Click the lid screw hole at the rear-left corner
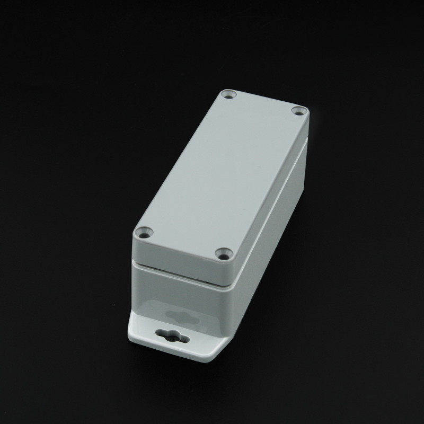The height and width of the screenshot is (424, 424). (x=229, y=96)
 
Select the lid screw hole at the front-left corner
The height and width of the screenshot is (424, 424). (x=143, y=232)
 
